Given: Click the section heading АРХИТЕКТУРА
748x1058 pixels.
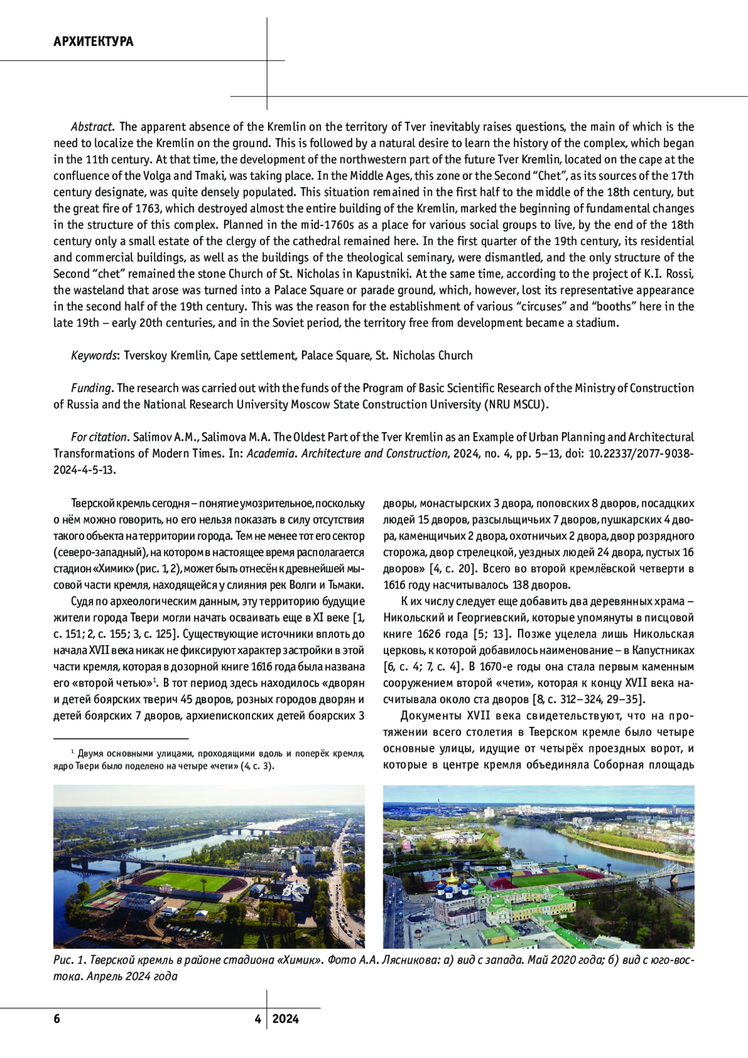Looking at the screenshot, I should tap(93, 42).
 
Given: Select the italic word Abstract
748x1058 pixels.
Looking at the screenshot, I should tap(92, 127).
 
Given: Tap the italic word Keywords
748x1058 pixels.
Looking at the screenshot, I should tap(93, 355).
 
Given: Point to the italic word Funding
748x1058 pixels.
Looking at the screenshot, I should tap(91, 388).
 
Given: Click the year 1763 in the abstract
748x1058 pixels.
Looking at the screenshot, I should tap(148, 209).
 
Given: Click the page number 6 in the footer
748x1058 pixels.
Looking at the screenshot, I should tap(57, 1019).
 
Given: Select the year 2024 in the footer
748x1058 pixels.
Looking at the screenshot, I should tap(285, 1019).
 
